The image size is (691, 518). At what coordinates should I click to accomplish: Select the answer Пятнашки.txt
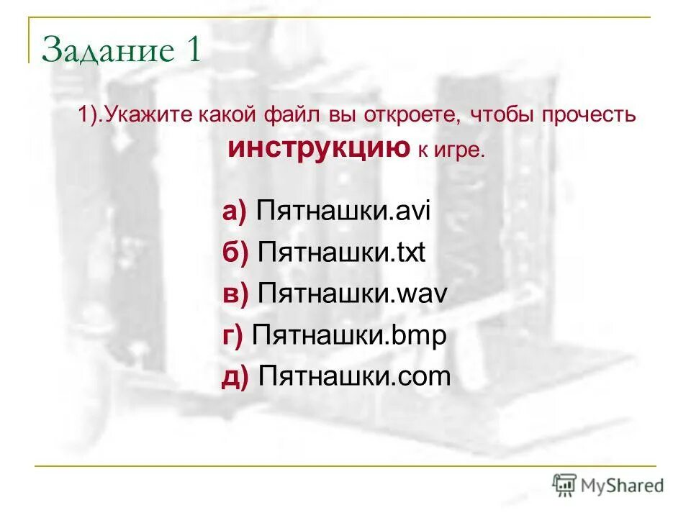pos(342,253)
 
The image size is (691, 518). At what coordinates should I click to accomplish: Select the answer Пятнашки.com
pos(354,376)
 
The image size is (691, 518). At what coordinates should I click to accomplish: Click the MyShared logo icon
pos(564,485)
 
